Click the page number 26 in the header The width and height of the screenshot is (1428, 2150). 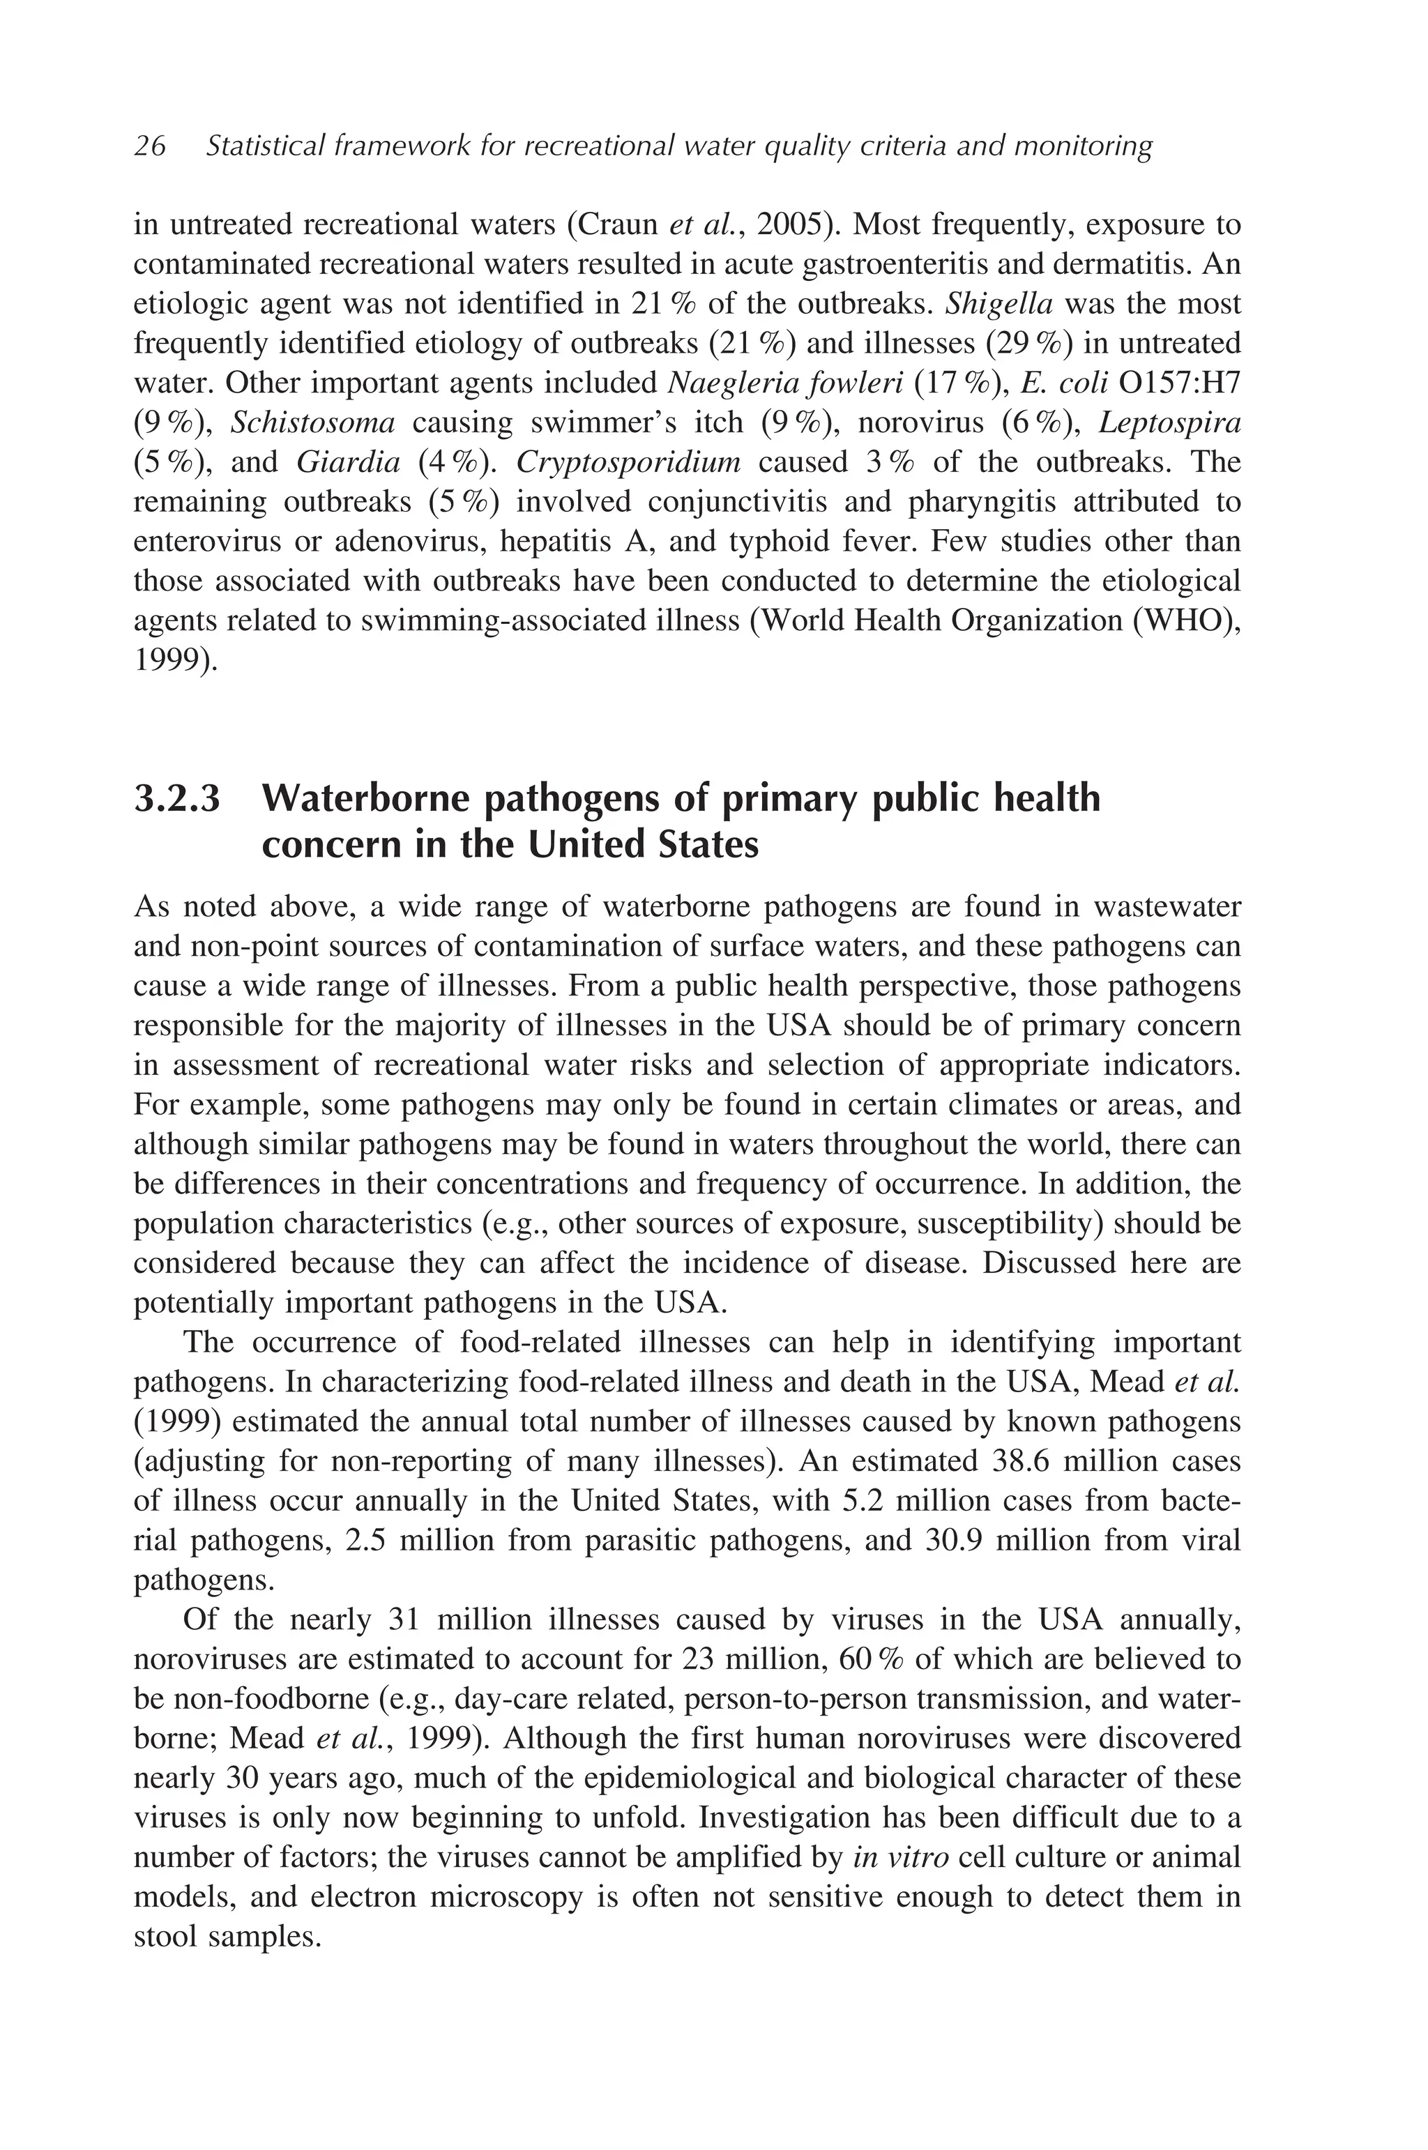tap(149, 146)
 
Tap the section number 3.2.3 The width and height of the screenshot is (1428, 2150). tap(178, 800)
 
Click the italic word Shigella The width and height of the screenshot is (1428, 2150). tap(999, 303)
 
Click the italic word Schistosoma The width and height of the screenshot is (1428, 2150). tap(312, 422)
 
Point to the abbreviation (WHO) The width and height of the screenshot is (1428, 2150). tap(1187, 621)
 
